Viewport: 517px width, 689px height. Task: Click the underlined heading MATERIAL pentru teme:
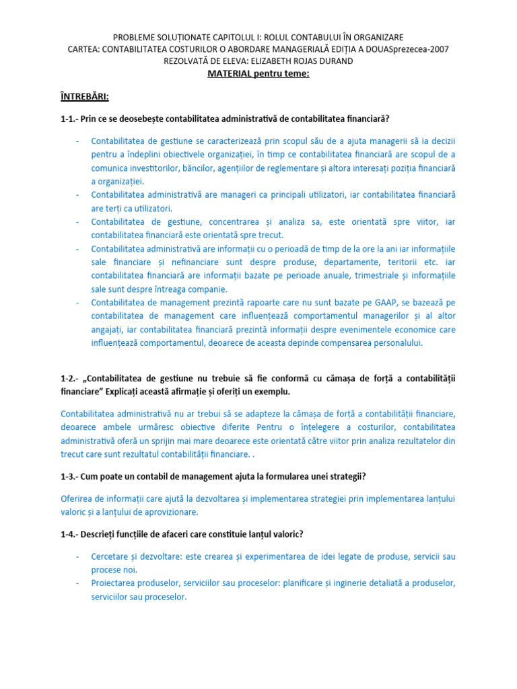(x=258, y=73)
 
